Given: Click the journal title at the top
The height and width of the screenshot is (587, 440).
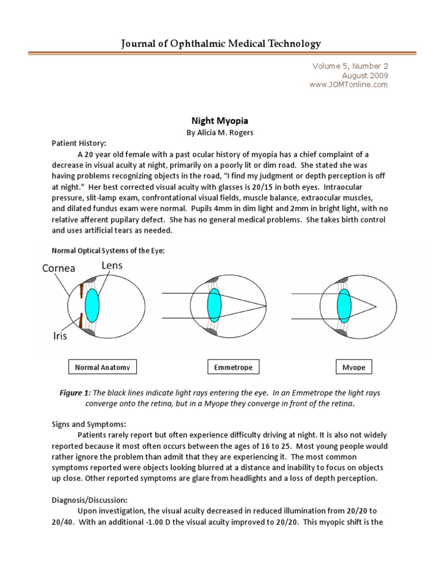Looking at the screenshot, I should pyautogui.click(x=220, y=43).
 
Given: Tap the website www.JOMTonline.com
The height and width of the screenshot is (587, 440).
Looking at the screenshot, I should pyautogui.click(x=349, y=84).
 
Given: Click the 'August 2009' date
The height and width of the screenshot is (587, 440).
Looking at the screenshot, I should pyautogui.click(x=364, y=75).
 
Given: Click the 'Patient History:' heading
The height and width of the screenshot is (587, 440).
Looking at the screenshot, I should pyautogui.click(x=79, y=143).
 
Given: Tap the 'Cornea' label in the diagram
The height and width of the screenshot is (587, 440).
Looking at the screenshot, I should pyautogui.click(x=58, y=268).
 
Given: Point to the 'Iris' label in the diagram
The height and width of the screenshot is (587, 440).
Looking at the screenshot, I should pyautogui.click(x=60, y=336).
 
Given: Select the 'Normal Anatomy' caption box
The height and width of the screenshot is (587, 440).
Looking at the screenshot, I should pyautogui.click(x=103, y=366).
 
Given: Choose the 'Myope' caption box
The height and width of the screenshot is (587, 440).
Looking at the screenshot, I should pyautogui.click(x=353, y=366).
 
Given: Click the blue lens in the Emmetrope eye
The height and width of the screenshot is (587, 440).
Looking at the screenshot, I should pyautogui.click(x=214, y=305).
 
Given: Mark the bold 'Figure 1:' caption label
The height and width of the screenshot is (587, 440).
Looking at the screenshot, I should pyautogui.click(x=74, y=393).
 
